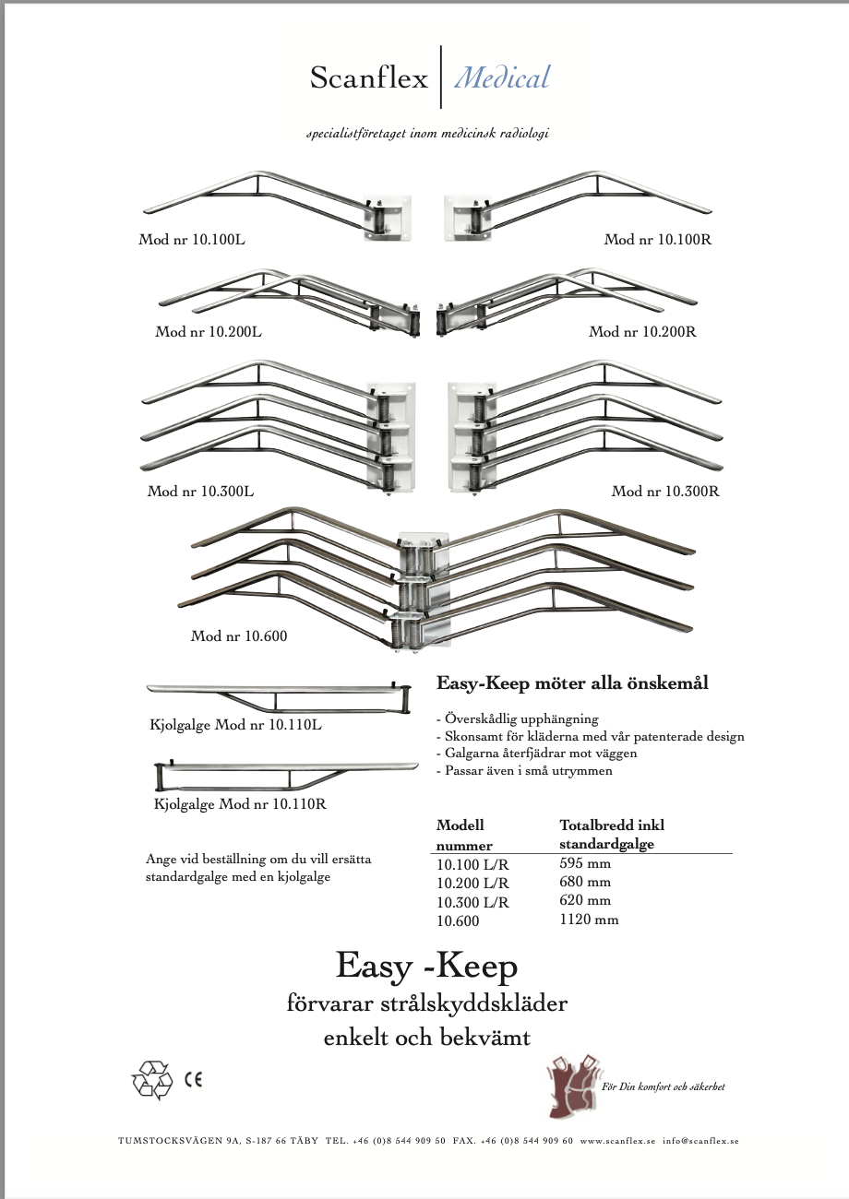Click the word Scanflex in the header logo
(x=369, y=78)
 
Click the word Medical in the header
(x=502, y=77)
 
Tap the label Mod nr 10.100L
(x=192, y=240)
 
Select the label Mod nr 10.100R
(x=658, y=240)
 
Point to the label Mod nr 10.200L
(x=209, y=332)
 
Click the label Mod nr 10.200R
(x=642, y=332)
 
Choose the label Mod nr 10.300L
(x=200, y=492)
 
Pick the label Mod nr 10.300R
(x=665, y=492)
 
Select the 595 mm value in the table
(x=585, y=864)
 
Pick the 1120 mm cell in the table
(x=589, y=920)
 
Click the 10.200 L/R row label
(x=472, y=884)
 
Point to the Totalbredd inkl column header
(x=612, y=825)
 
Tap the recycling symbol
(x=152, y=1080)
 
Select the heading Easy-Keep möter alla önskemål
(x=572, y=683)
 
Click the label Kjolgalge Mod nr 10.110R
(x=240, y=804)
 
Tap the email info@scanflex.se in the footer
(x=700, y=1141)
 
